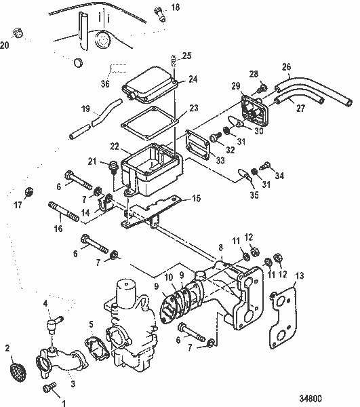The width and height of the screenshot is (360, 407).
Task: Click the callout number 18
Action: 175,8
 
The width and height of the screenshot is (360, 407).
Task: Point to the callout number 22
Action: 115,146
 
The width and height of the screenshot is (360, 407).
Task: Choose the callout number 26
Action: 286,66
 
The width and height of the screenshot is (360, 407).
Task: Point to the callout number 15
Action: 196,198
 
